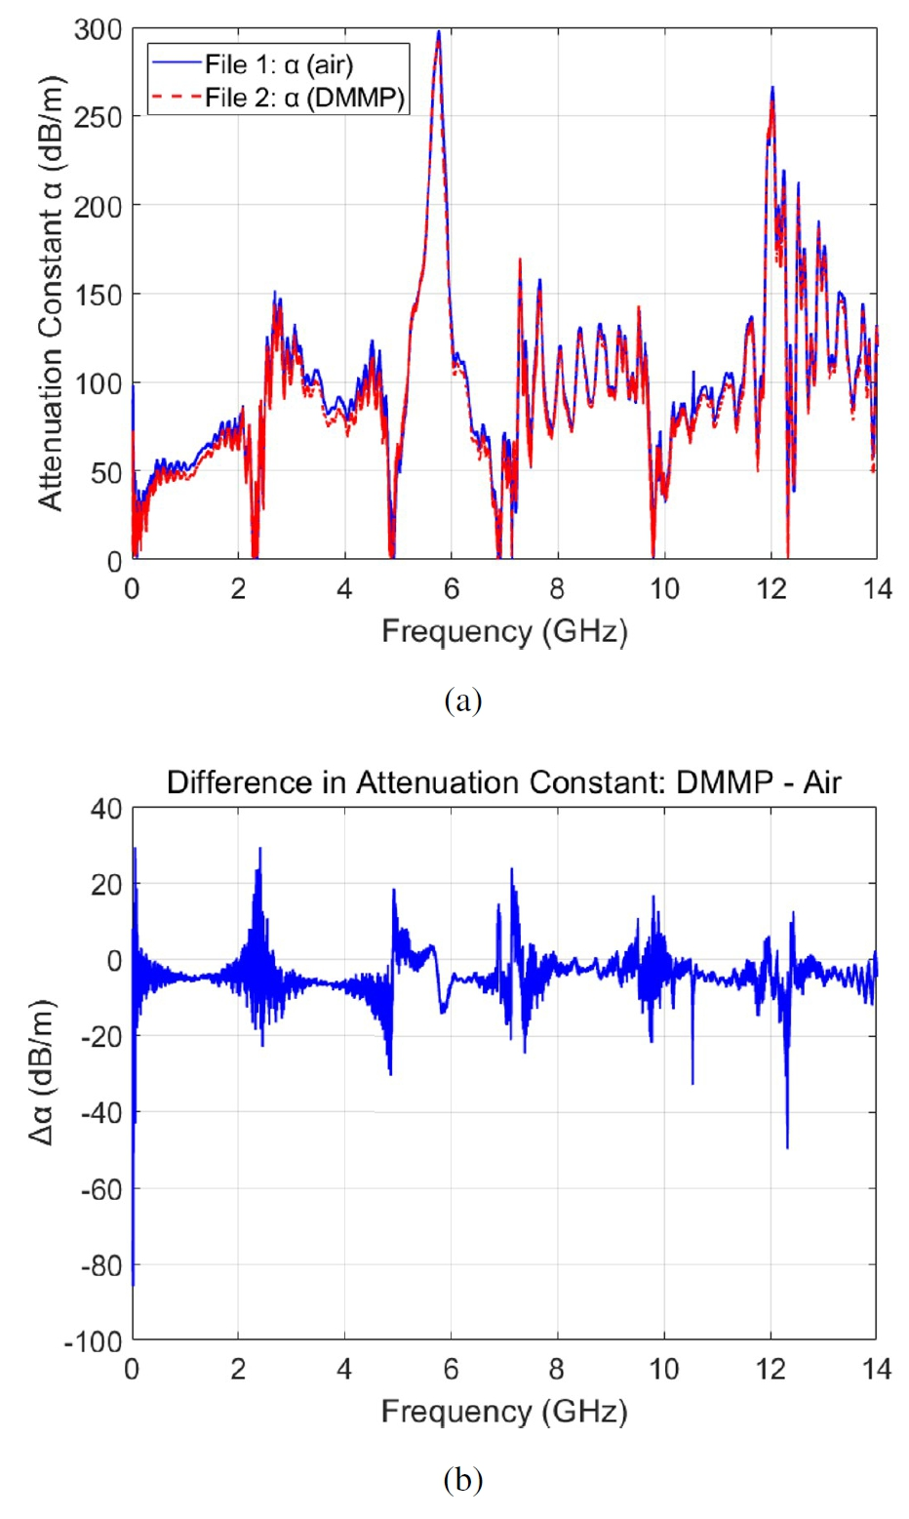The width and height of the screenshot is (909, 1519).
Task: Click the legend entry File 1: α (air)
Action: point(278,65)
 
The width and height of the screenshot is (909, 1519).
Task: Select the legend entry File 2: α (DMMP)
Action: point(303,98)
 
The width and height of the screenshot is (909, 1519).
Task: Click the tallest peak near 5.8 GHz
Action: point(439,33)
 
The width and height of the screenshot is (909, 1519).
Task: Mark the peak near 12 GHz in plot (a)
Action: point(772,88)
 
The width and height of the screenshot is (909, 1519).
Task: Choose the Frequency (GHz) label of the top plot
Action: point(504,631)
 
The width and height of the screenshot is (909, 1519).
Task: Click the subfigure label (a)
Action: point(462,700)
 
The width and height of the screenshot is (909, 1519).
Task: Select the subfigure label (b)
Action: point(462,1481)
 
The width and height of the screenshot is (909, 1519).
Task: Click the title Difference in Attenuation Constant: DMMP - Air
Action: point(503,782)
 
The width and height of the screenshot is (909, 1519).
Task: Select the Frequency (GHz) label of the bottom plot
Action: point(504,1412)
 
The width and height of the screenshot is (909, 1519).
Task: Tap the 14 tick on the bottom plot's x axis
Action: point(877,1370)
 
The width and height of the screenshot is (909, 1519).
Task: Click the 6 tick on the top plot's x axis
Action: point(451,589)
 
